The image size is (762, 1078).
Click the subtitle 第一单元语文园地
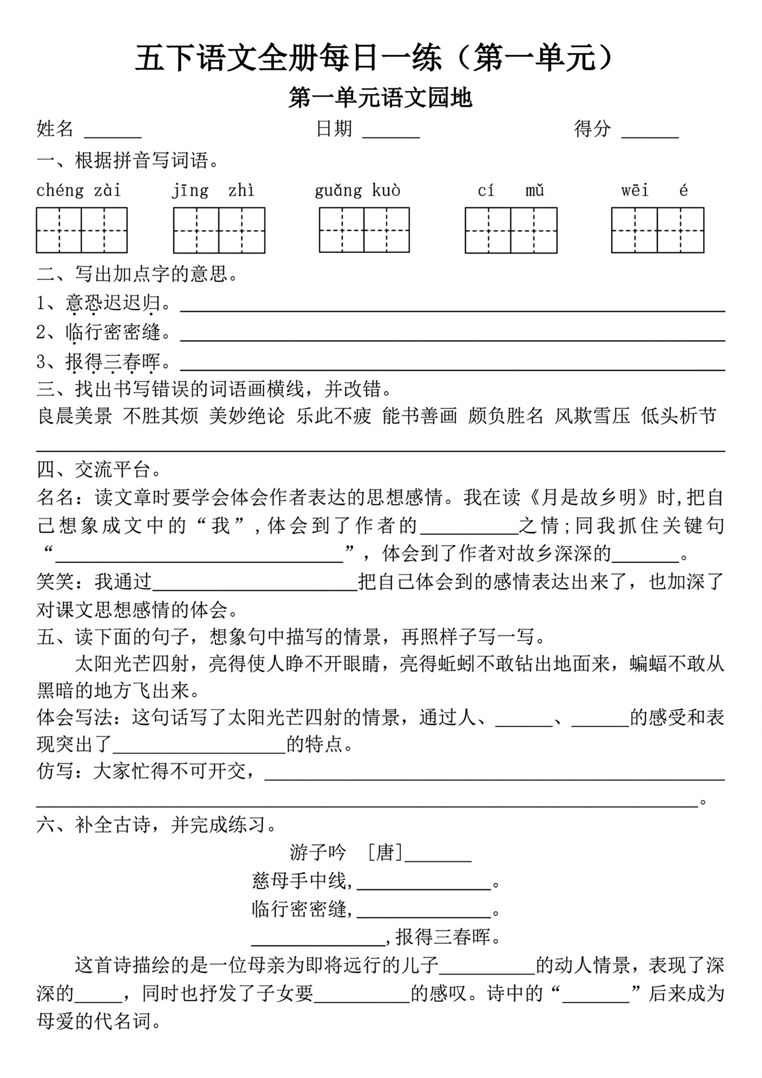coord(380,98)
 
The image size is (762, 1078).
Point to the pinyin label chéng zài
coord(79,191)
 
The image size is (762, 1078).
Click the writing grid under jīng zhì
coord(219,230)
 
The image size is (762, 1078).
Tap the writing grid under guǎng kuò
coord(364,230)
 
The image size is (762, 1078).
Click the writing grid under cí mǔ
coord(511,230)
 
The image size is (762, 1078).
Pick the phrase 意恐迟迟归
coord(113,303)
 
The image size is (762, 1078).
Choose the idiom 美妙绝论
coord(247,416)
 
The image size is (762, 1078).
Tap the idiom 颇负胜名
coord(506,416)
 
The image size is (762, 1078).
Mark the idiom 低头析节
coord(678,416)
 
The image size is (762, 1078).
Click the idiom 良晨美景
coord(75,416)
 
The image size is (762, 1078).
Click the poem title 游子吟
coord(318,853)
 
